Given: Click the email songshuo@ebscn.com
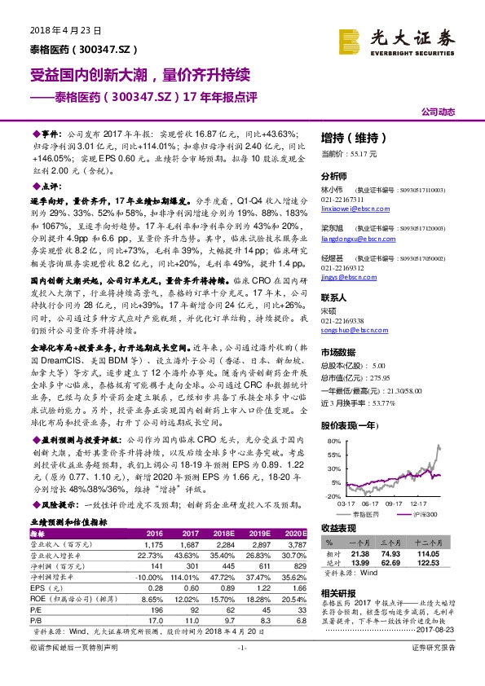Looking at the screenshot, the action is [x=351, y=333].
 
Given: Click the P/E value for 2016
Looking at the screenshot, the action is [x=153, y=609].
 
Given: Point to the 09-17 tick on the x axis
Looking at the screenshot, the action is [x=393, y=504].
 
